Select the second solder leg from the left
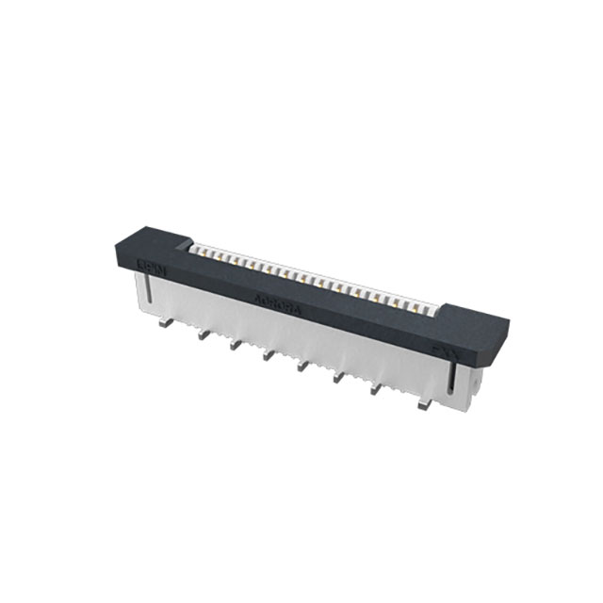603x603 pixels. (200, 334)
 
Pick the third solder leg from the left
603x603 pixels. (233, 345)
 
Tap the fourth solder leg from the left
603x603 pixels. (269, 356)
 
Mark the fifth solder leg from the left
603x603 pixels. (302, 367)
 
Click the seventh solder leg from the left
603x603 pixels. (374, 390)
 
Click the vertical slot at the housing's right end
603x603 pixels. (454, 383)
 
